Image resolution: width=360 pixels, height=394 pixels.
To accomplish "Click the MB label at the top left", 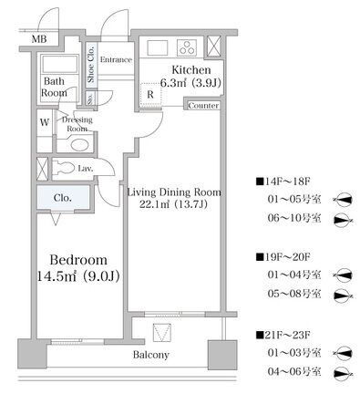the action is [39, 39].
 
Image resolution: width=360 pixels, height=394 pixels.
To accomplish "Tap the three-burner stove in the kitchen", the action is [187, 47].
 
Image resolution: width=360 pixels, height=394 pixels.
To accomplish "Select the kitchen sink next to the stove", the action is [158, 47].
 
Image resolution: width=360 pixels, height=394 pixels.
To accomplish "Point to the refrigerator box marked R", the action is [150, 95].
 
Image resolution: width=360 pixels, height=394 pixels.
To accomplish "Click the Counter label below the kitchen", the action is [203, 106].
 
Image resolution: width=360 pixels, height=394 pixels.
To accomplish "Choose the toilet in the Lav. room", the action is [65, 168].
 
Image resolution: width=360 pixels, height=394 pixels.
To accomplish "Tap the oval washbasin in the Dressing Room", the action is [80, 145].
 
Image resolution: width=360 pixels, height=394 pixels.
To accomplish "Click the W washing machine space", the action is [45, 122].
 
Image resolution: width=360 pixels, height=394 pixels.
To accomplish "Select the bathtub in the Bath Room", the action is [59, 64].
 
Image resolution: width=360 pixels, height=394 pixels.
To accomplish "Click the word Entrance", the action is [116, 59].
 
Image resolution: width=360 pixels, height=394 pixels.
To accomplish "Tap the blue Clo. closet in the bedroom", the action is [63, 198].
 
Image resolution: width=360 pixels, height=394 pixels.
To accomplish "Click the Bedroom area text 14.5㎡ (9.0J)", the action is [78, 276].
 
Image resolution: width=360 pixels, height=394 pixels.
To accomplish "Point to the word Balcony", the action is [150, 355].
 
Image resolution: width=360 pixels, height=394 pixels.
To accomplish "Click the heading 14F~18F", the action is [283, 181].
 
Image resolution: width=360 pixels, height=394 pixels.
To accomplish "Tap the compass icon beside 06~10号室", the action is [344, 220].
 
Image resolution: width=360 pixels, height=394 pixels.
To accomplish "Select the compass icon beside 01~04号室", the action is [343, 275].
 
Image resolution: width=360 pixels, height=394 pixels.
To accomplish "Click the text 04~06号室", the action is [294, 371].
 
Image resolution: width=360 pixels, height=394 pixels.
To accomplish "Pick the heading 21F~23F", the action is [283, 335].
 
